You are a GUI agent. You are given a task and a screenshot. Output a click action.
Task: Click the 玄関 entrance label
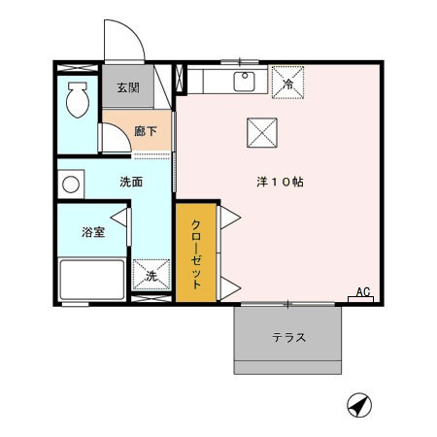128,88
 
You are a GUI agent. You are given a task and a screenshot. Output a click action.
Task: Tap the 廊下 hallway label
146,130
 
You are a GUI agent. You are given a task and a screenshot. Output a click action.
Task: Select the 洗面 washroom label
133,182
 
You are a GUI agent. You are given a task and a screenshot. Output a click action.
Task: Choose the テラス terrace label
288,338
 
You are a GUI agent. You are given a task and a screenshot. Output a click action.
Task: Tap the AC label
362,290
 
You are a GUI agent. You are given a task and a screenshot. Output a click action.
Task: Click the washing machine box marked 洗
151,275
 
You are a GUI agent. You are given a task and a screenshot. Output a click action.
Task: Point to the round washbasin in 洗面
70,184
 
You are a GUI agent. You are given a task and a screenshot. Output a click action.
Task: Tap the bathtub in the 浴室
92,281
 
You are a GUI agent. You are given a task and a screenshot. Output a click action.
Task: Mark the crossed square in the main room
260,132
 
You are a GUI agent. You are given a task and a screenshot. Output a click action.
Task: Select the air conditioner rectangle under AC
361,300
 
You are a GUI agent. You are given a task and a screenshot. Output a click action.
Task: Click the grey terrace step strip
288,368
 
